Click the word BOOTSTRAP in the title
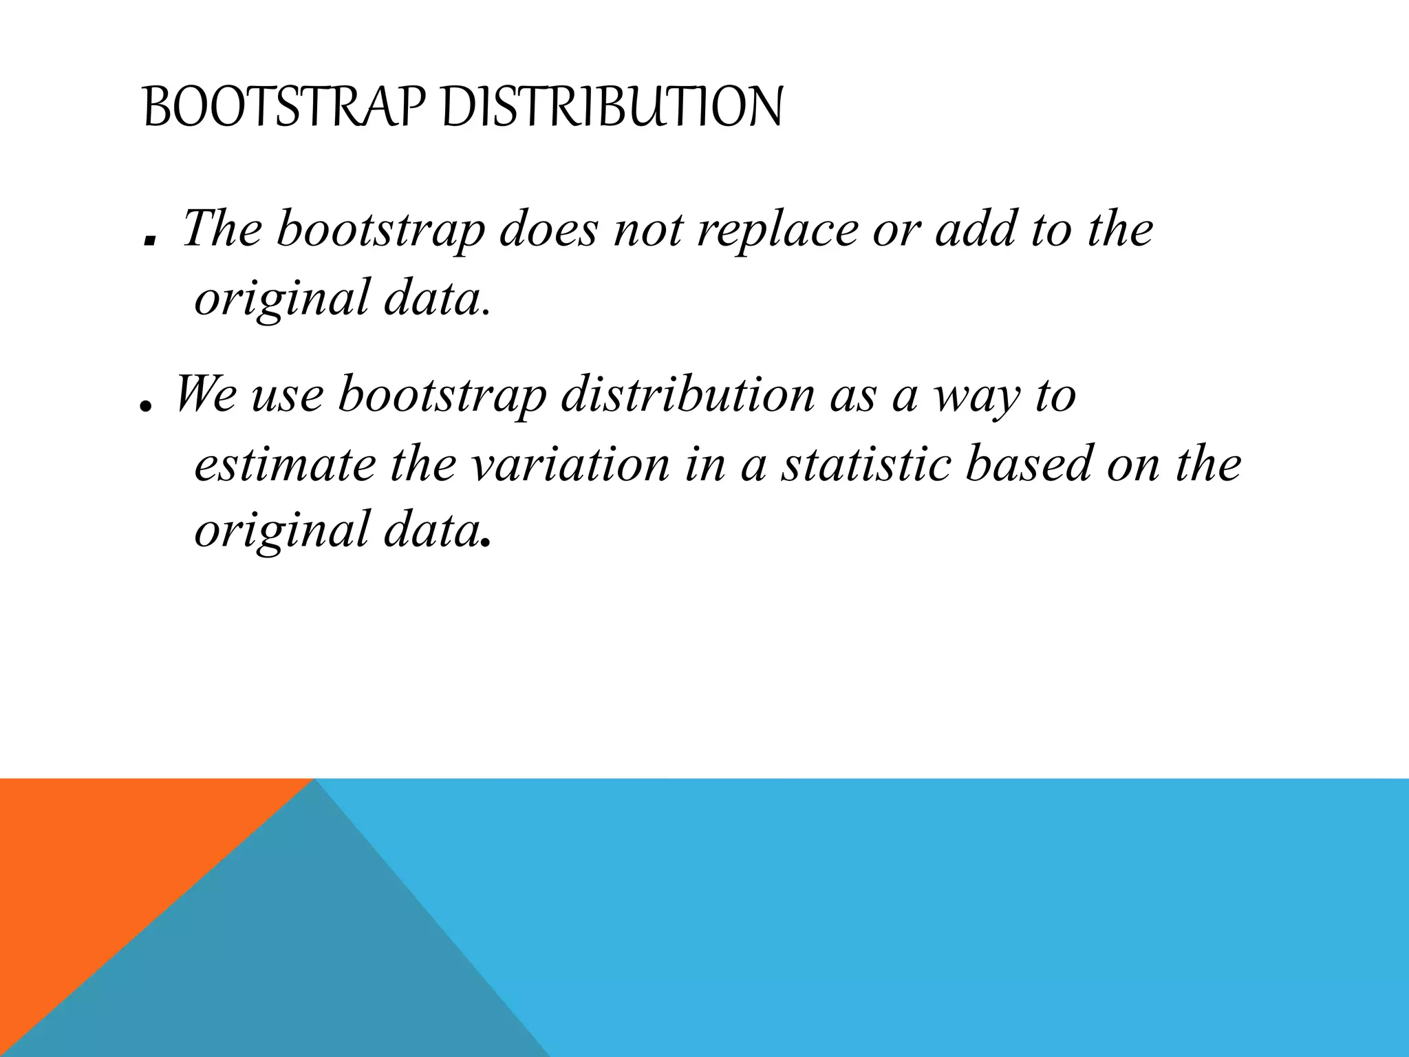click(x=286, y=108)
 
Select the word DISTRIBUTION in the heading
click(x=612, y=108)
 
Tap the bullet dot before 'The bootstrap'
click(x=149, y=241)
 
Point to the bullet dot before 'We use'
click(x=144, y=407)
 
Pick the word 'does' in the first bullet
click(x=548, y=229)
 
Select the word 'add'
click(x=975, y=229)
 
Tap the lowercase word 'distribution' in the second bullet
click(x=687, y=395)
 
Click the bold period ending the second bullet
click(x=486, y=543)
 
